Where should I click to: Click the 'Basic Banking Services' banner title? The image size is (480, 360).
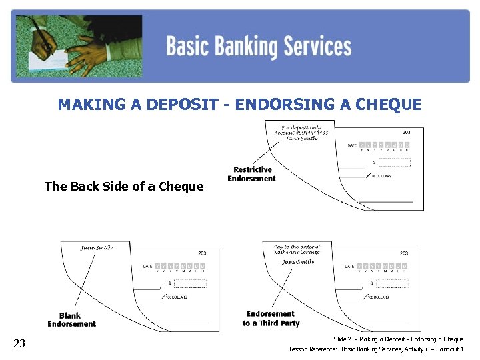click(x=258, y=47)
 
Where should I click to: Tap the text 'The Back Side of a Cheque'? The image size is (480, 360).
click(x=124, y=187)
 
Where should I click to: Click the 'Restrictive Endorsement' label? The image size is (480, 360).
click(x=252, y=174)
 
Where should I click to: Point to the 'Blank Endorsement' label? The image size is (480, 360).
click(x=71, y=320)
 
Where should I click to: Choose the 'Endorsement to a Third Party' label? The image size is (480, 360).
click(x=271, y=319)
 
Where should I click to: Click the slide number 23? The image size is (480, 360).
click(x=20, y=343)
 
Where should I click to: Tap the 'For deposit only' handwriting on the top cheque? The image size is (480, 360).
click(x=301, y=127)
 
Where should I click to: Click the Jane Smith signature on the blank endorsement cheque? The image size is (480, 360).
click(x=97, y=248)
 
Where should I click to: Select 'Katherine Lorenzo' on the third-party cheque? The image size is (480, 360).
click(x=297, y=253)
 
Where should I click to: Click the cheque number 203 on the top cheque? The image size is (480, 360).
click(x=407, y=132)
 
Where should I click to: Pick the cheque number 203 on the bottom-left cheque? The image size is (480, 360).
click(x=202, y=253)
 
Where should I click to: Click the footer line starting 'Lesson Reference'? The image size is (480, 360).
click(x=376, y=349)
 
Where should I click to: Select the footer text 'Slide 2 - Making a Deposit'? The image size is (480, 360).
click(x=398, y=339)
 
